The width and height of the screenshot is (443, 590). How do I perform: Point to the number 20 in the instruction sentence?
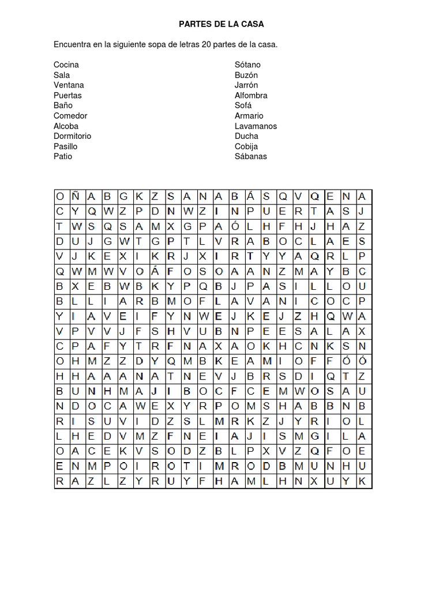pos(206,44)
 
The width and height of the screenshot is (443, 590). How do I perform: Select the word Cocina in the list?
pos(66,65)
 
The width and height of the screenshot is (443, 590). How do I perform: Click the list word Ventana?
pos(69,85)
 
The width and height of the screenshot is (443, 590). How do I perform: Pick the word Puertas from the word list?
pos(67,95)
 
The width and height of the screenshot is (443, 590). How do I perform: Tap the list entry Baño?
pos(63,105)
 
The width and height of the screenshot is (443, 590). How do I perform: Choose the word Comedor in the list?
pos(70,116)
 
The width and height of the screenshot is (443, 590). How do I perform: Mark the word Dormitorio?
pos(72,136)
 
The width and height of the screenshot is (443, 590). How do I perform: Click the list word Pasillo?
pos(65,146)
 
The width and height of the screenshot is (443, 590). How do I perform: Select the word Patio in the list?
pos(63,156)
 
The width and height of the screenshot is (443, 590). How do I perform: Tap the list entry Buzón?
pos(246,75)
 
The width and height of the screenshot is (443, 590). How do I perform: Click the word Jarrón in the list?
pos(246,85)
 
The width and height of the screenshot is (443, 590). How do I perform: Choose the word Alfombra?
pos(251,95)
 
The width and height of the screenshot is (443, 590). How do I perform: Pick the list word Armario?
pos(249,116)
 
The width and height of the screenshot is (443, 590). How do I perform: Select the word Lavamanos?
pos(256,126)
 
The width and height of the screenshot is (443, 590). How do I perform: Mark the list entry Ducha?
pos(246,136)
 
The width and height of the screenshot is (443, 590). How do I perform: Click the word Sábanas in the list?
pos(251,156)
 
